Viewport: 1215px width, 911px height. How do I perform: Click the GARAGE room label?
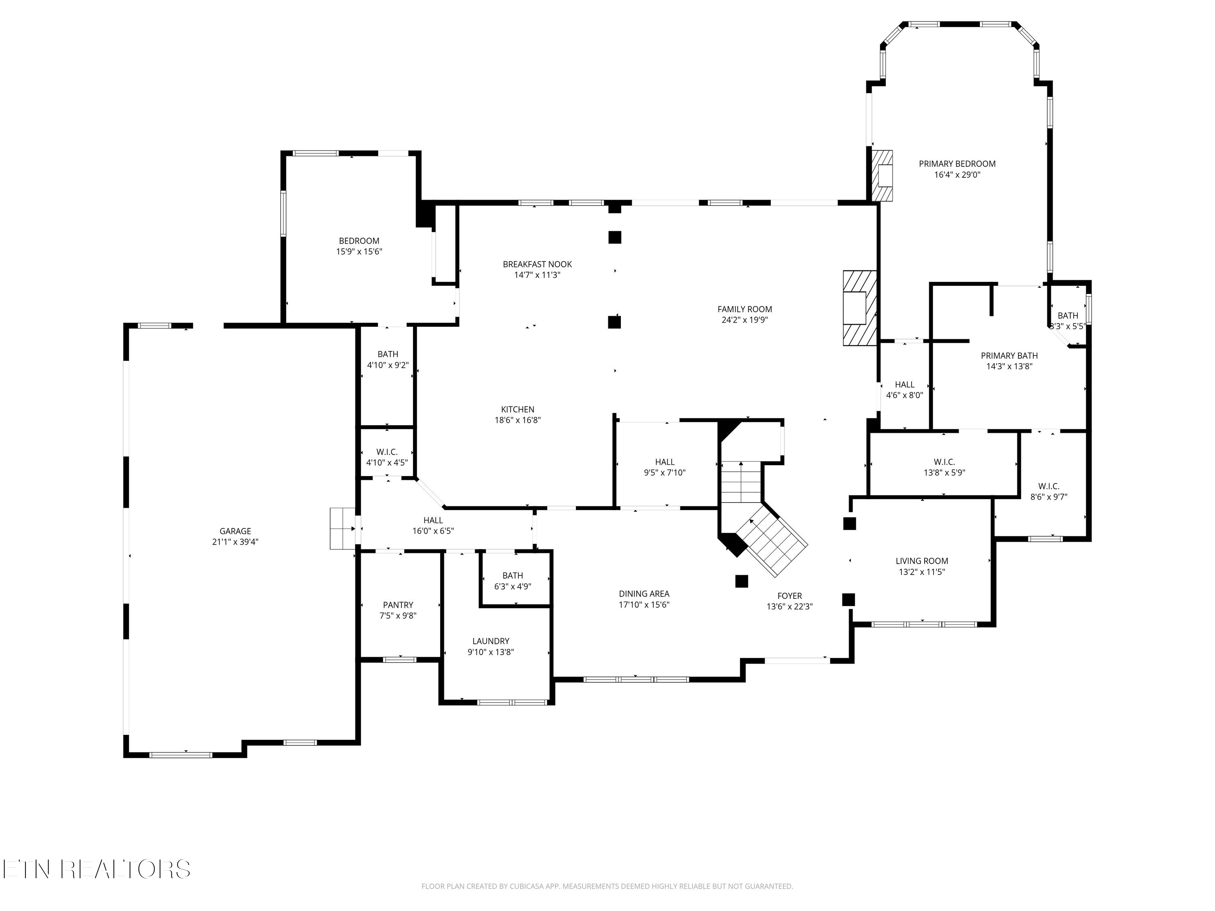click(x=235, y=531)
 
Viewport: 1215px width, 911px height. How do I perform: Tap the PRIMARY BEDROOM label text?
click(x=957, y=164)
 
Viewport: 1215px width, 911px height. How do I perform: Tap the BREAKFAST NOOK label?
click(x=537, y=264)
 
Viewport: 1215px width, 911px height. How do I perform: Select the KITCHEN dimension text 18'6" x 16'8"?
click(x=518, y=420)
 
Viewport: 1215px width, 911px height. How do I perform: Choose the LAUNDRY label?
click(x=490, y=641)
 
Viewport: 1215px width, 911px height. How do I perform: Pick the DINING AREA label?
click(x=644, y=594)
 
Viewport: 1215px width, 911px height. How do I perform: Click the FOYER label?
click(x=789, y=596)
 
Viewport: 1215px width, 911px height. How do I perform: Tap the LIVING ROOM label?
click(x=922, y=561)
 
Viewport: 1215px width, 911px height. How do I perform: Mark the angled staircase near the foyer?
click(x=772, y=541)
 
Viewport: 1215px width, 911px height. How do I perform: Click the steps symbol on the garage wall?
click(x=342, y=528)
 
